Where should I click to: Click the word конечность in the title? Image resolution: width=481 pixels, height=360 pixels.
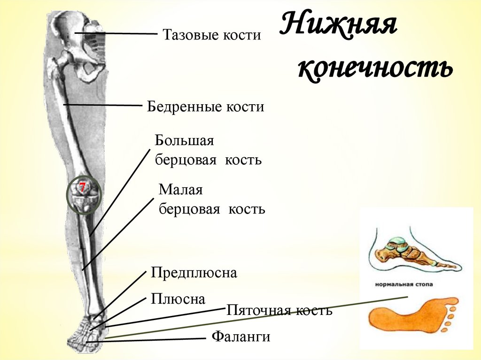pos(375,69)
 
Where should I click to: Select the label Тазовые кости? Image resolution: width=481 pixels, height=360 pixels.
pos(211,35)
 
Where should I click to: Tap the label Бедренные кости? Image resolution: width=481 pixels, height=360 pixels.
pos(206,107)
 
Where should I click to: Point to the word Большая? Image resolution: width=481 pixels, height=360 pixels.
pos(185,141)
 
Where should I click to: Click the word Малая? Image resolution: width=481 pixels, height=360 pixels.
pos(180,190)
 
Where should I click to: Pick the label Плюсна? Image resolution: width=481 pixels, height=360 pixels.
pos(178,299)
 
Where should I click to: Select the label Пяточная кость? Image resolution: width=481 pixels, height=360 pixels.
pos(279,310)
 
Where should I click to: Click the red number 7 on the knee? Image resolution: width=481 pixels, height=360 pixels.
pos(82,188)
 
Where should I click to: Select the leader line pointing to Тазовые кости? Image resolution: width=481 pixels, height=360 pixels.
pos(117,33)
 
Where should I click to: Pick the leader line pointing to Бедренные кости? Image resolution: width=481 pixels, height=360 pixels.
pos(103,105)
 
